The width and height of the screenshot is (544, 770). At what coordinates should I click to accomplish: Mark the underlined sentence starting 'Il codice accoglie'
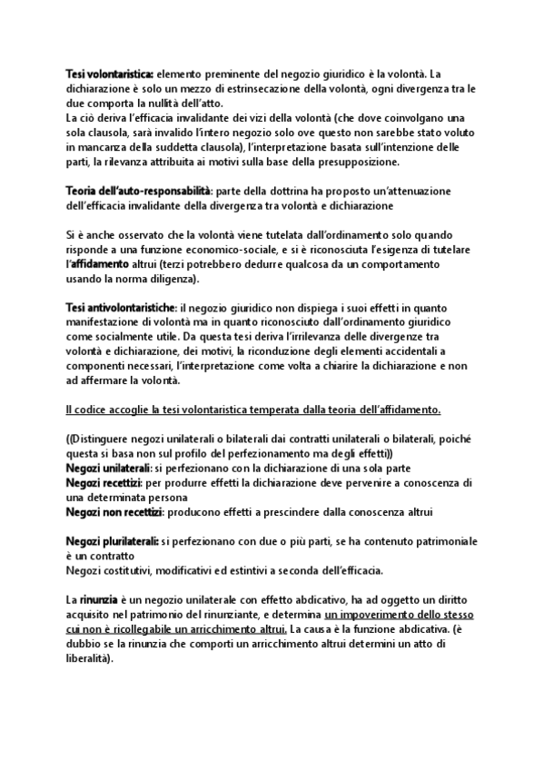click(252, 410)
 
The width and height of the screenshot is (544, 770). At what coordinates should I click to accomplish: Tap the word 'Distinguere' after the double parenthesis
click(111, 439)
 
